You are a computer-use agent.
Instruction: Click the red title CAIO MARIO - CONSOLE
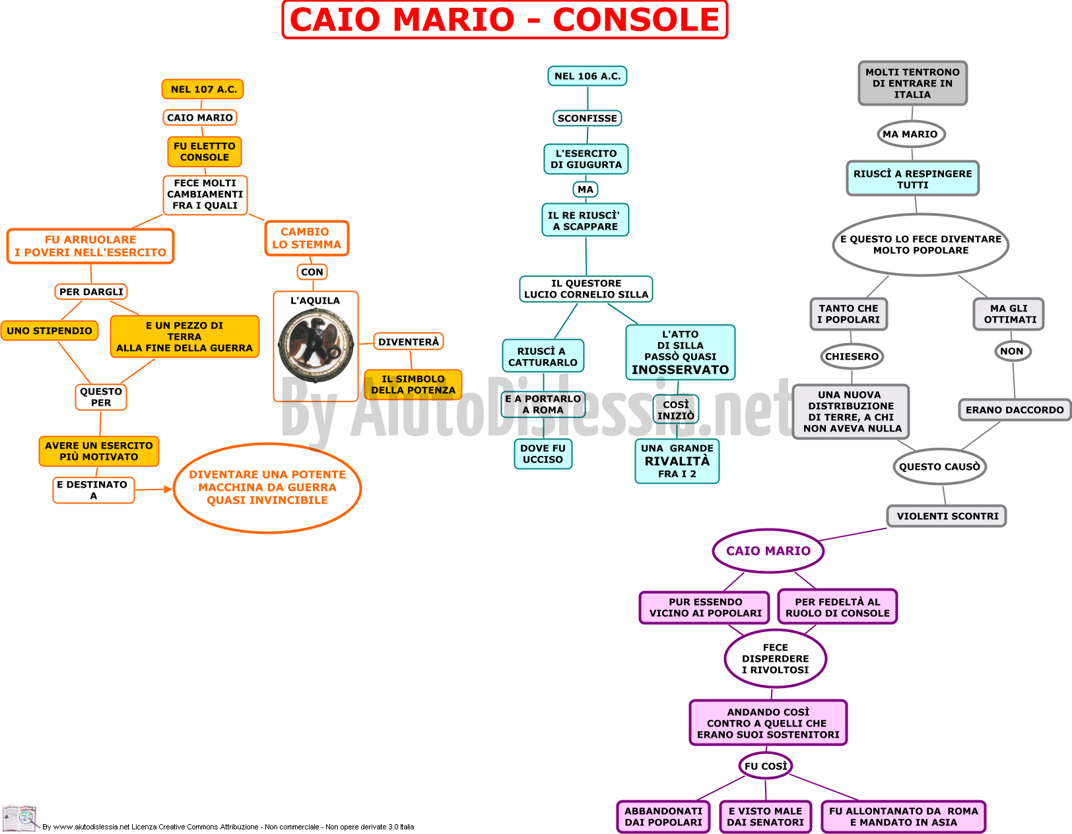pyautogui.click(x=505, y=19)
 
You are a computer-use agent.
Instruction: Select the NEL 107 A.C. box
pyautogui.click(x=203, y=89)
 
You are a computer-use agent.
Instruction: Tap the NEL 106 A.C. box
pyautogui.click(x=587, y=76)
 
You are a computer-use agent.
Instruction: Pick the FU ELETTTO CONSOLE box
pyautogui.click(x=204, y=151)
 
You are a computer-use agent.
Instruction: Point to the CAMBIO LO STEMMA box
pyautogui.click(x=307, y=238)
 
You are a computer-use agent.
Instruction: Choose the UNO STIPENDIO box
pyautogui.click(x=50, y=331)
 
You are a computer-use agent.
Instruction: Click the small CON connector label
pyautogui.click(x=312, y=272)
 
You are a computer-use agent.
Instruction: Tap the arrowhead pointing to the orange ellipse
pyautogui.click(x=168, y=490)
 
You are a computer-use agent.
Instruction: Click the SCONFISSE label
pyautogui.click(x=587, y=118)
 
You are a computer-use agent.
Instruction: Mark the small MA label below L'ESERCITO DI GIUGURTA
pyautogui.click(x=586, y=189)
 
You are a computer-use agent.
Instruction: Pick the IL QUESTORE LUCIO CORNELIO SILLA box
pyautogui.click(x=586, y=289)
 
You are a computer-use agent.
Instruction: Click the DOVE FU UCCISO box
pyautogui.click(x=543, y=453)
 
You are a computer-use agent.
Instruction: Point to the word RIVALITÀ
pyautogui.click(x=677, y=461)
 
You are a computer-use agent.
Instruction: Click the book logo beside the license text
pyautogui.click(x=20, y=818)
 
